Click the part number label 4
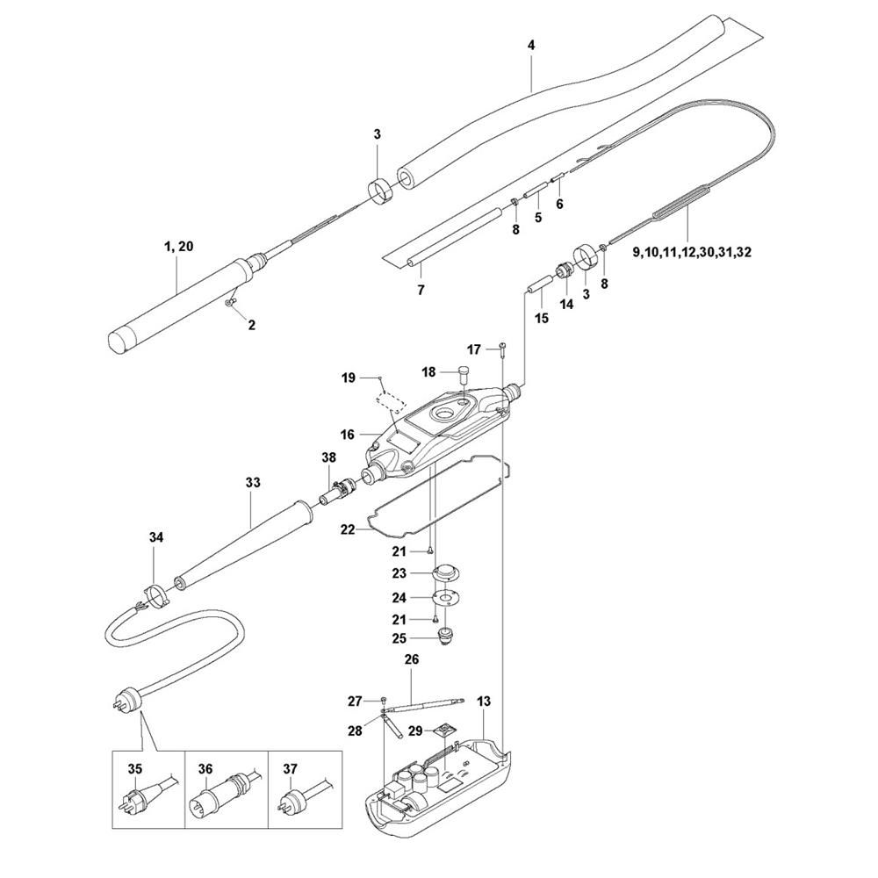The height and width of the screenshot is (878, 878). click(531, 46)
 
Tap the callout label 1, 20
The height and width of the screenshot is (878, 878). click(178, 246)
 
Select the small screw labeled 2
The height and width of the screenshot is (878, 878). click(230, 303)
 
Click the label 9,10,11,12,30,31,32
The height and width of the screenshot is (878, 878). click(692, 253)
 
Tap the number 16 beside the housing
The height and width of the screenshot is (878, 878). click(347, 434)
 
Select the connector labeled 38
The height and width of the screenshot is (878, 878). click(336, 487)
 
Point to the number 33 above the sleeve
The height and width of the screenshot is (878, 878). click(253, 482)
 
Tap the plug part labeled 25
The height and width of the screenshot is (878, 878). click(445, 637)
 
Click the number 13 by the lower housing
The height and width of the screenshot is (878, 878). click(484, 701)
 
